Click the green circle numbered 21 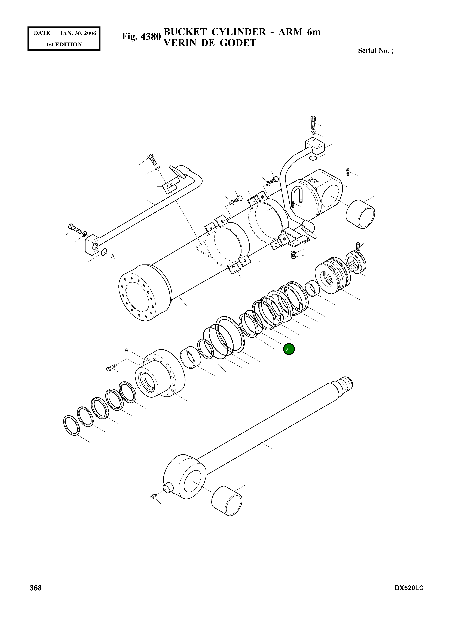(x=289, y=349)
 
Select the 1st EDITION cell (x=64, y=44)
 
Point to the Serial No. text (x=375, y=50)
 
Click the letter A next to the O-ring (x=112, y=257)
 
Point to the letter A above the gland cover (x=126, y=350)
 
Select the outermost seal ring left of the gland (x=71, y=425)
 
